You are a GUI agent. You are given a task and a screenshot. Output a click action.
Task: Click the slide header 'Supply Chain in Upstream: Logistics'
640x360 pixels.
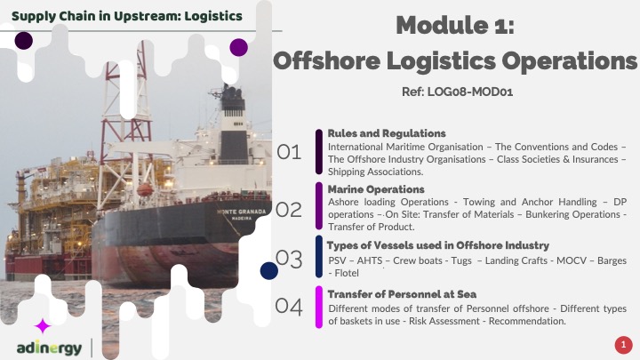(x=127, y=16)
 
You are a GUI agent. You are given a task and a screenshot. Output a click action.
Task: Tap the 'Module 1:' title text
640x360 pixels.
(x=455, y=25)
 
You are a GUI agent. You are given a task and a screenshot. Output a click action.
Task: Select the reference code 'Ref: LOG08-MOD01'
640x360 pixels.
(x=457, y=92)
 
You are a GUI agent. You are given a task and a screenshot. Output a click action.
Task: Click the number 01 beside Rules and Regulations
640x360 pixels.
(x=289, y=152)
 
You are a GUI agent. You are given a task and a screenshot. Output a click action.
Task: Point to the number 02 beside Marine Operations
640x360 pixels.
(x=289, y=210)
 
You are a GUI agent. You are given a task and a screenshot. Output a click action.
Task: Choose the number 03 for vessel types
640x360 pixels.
(x=290, y=259)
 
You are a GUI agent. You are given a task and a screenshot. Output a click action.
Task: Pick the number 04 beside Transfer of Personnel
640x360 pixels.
(x=289, y=306)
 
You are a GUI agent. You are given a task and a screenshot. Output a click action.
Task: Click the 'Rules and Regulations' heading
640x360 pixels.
(x=387, y=133)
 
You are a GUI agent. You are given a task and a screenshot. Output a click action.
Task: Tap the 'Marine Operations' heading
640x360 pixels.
(x=376, y=189)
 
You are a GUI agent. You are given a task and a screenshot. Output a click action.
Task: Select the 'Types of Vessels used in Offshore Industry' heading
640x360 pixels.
(x=438, y=245)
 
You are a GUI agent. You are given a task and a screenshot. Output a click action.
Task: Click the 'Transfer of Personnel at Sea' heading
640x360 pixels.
(x=402, y=294)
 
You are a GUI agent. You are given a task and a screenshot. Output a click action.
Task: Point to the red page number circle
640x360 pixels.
(x=623, y=345)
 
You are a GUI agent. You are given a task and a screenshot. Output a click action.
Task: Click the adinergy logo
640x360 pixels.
(x=50, y=348)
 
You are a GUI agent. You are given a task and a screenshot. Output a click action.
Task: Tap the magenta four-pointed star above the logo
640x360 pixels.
(x=43, y=326)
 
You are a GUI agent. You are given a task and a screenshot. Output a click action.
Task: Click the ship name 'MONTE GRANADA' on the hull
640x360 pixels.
(x=242, y=212)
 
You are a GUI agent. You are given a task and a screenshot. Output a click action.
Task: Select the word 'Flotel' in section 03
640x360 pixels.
(x=347, y=273)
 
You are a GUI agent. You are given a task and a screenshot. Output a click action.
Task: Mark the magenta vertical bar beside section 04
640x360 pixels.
(x=319, y=307)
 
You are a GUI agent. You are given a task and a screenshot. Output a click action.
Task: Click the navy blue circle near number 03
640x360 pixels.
(x=269, y=271)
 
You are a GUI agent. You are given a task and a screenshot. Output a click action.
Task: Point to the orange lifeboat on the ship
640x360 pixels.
(x=145, y=190)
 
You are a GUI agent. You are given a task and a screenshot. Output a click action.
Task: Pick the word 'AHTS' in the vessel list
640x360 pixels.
(x=370, y=260)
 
